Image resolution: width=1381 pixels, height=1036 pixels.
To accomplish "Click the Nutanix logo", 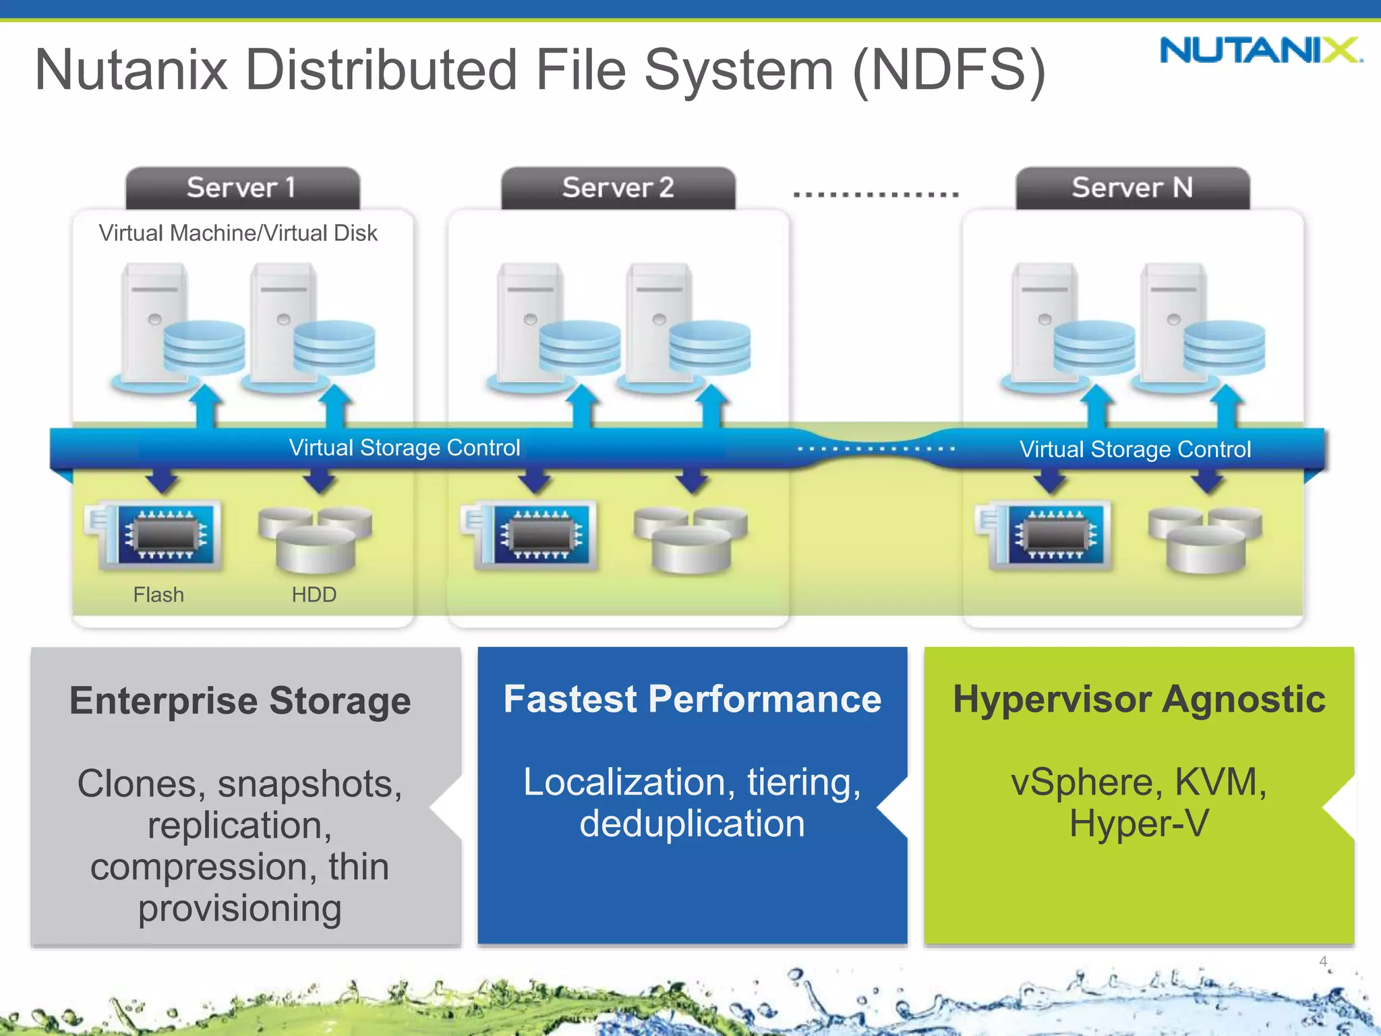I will [x=1260, y=51].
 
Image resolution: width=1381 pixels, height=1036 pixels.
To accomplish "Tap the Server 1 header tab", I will [x=242, y=188].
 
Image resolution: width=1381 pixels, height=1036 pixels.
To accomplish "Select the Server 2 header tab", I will [x=618, y=188].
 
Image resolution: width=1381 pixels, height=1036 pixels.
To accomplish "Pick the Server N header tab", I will [x=1132, y=188].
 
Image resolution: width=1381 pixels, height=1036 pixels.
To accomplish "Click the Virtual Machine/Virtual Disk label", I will [x=237, y=233].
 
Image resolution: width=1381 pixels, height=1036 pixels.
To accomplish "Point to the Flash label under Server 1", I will [x=158, y=595].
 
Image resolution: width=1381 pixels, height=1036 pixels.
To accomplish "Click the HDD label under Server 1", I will [x=314, y=595].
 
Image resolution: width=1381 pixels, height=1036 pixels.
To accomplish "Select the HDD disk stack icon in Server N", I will [x=1205, y=540].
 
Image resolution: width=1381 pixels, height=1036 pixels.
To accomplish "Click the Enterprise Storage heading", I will [x=240, y=701].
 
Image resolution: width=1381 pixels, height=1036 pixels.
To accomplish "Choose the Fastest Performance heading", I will [x=692, y=699].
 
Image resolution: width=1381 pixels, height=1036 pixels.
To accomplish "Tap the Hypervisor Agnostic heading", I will [x=1139, y=699].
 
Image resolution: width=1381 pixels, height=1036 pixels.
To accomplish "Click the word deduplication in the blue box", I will [x=692, y=824].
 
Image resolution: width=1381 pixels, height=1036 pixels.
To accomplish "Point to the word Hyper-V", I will [x=1139, y=824].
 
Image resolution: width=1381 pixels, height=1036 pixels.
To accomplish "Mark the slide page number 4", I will [x=1323, y=961].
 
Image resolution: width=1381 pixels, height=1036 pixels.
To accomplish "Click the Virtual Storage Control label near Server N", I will [x=1135, y=450].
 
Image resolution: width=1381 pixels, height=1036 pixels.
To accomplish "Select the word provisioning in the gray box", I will [x=240, y=909].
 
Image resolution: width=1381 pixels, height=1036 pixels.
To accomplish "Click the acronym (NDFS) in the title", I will [x=949, y=69].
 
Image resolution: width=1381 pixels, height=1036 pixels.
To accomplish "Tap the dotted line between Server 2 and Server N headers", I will [x=875, y=194].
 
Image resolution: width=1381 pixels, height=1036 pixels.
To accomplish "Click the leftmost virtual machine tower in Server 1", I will [x=154, y=324].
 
